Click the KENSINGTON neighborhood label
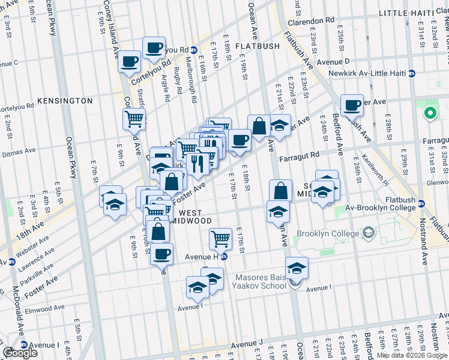[x=65, y=101]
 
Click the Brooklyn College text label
[x=328, y=233]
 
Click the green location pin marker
[x=430, y=113]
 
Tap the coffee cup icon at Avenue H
[x=161, y=254]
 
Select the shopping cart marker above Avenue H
[x=221, y=238]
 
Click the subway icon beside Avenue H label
[x=223, y=257]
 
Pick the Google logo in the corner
[x=20, y=353]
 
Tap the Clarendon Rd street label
[x=314, y=20]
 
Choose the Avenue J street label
[x=247, y=344]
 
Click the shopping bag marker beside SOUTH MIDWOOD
[x=280, y=191]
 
